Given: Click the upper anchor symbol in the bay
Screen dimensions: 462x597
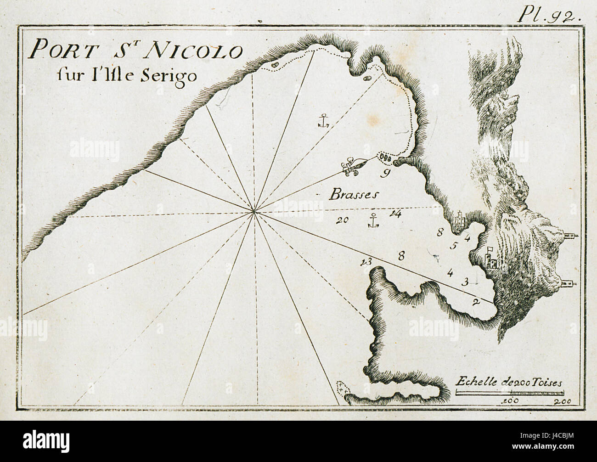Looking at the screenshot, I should [324, 120].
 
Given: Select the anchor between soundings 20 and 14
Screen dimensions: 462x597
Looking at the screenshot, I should [374, 221].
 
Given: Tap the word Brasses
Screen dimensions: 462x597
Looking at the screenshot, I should [354, 195].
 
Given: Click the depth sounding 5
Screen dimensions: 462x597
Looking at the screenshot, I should [453, 245].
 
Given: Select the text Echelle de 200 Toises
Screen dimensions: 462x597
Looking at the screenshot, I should [509, 382].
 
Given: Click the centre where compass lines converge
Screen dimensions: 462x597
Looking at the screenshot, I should [253, 211].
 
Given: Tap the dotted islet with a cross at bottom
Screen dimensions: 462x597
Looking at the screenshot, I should [343, 388].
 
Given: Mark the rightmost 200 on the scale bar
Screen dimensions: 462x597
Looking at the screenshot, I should [563, 401].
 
